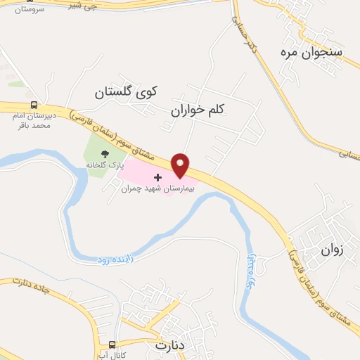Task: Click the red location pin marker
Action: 181,165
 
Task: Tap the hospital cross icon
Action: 157,177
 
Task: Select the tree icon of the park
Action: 105,154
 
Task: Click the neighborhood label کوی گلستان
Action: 127,92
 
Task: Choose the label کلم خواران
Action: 200,110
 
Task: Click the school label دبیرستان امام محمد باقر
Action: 34,120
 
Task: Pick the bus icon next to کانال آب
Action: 112,345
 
